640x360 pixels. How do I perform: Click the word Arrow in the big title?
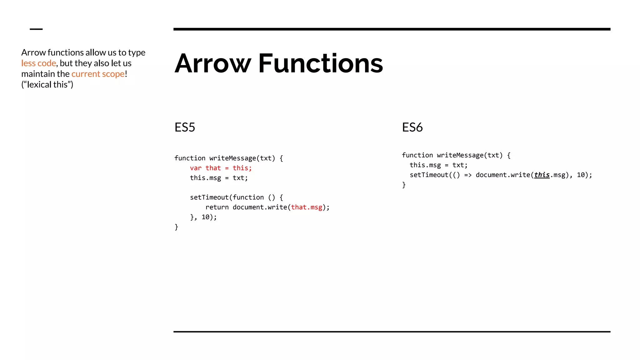tap(213, 63)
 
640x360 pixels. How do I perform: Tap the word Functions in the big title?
tap(321, 63)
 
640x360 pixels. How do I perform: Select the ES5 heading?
tap(185, 127)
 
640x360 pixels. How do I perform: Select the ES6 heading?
tap(412, 127)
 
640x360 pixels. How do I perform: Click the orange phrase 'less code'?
tap(38, 63)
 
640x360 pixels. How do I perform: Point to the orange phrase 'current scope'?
tap(98, 74)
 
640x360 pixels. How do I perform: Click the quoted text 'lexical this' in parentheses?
tap(47, 85)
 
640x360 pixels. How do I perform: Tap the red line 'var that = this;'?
tap(221, 168)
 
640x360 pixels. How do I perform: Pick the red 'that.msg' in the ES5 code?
tap(307, 207)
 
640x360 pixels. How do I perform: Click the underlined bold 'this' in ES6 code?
tap(542, 175)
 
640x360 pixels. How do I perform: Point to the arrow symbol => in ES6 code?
tap(468, 175)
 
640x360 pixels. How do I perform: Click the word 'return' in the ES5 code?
tap(217, 207)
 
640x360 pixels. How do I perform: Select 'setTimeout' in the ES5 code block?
tap(209, 197)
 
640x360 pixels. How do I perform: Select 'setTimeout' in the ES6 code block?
tap(429, 175)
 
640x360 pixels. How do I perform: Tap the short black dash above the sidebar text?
tap(36, 29)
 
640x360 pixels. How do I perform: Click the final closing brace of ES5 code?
tap(176, 227)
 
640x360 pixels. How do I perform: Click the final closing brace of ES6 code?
tap(404, 185)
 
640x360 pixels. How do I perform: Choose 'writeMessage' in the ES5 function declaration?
tap(232, 158)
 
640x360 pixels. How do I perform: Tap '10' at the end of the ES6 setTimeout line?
tap(581, 175)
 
